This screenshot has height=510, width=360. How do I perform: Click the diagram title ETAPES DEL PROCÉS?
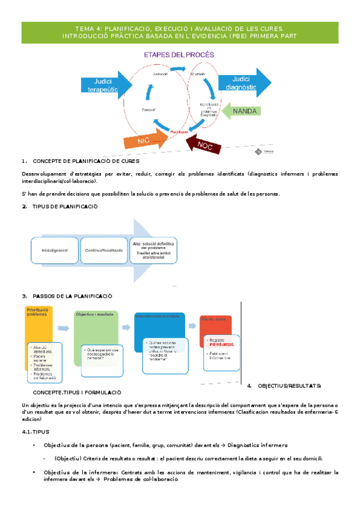pyautogui.click(x=178, y=55)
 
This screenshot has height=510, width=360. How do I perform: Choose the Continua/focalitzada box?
pyautogui.click(x=100, y=250)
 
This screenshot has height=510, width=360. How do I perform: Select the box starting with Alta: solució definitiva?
pyautogui.click(x=153, y=250)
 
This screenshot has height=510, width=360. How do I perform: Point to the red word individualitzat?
pyautogui.click(x=221, y=345)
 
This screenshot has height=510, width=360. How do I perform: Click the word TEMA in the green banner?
pyautogui.click(x=85, y=28)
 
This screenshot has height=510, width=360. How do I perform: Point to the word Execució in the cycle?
pyautogui.click(x=149, y=109)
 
